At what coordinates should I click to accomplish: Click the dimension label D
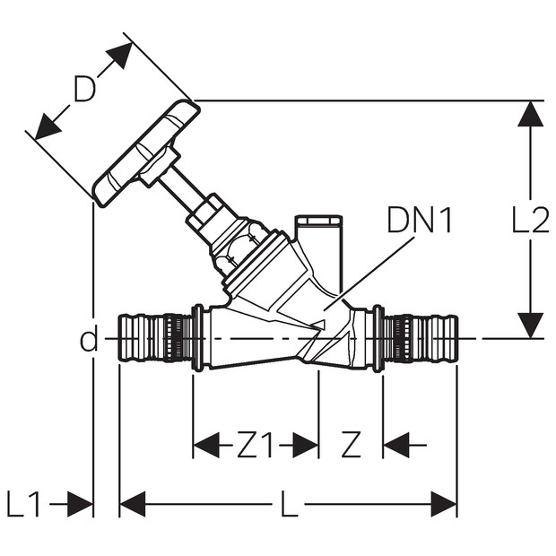[85, 90]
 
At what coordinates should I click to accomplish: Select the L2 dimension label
[531, 220]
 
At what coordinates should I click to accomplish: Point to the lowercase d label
[89, 339]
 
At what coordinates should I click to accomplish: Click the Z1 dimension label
[256, 445]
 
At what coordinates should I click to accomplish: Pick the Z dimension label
[351, 445]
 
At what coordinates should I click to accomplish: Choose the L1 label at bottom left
[23, 504]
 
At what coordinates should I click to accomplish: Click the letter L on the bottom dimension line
[289, 504]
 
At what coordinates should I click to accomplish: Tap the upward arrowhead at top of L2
[531, 114]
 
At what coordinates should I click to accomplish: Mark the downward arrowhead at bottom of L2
[531, 326]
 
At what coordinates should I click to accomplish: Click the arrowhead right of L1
[80, 504]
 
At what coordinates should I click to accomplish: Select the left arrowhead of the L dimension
[133, 504]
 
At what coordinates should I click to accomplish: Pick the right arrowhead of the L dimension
[444, 504]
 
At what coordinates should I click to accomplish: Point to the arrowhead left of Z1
[206, 445]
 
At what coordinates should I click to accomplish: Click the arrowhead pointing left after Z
[396, 445]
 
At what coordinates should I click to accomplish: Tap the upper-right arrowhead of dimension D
[121, 54]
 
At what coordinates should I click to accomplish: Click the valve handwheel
[146, 153]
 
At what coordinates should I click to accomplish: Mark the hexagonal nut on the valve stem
[204, 212]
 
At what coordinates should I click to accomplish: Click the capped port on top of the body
[318, 248]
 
